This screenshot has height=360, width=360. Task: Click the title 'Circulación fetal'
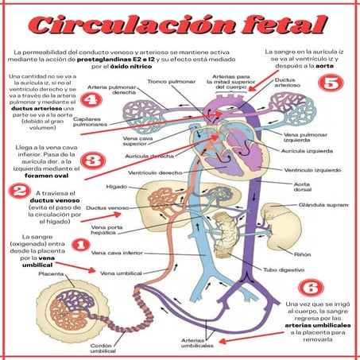tap(180, 25)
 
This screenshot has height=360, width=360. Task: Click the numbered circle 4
tap(94, 100)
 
